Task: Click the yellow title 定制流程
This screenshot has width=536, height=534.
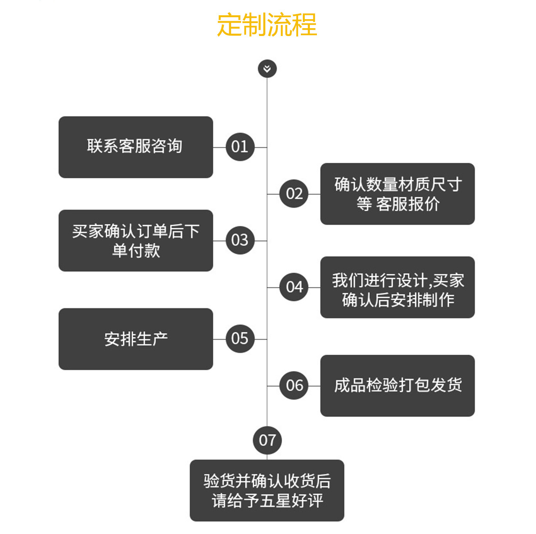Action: pyautogui.click(x=267, y=25)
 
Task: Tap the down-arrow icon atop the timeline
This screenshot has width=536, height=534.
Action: pyautogui.click(x=267, y=69)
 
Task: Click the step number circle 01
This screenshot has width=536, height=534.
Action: pyautogui.click(x=240, y=147)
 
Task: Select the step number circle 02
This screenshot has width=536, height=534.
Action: pyautogui.click(x=294, y=193)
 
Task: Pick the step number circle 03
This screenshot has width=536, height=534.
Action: pyautogui.click(x=240, y=240)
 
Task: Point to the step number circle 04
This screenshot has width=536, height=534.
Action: pyautogui.click(x=294, y=287)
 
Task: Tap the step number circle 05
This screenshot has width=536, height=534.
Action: pyautogui.click(x=240, y=339)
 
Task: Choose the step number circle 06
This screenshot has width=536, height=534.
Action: pyautogui.click(x=294, y=386)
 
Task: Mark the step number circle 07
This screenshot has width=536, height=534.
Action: pyautogui.click(x=267, y=440)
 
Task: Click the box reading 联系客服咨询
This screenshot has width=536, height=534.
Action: pyautogui.click(x=135, y=147)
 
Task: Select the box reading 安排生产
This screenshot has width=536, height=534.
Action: pyautogui.click(x=135, y=339)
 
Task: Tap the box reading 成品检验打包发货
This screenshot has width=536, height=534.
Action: pyautogui.click(x=397, y=386)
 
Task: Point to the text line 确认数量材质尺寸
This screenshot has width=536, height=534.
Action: pyautogui.click(x=398, y=184)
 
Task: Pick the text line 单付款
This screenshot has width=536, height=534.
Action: pyautogui.click(x=136, y=251)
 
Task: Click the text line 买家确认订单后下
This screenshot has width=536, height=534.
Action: pyautogui.click(x=136, y=231)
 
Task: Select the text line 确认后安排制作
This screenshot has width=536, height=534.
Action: pyautogui.click(x=398, y=300)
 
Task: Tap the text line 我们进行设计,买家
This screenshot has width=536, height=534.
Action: pyautogui.click(x=398, y=280)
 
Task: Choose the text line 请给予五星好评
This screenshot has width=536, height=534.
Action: pyautogui.click(x=267, y=500)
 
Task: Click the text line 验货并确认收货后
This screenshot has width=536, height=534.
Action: pyautogui.click(x=267, y=481)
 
